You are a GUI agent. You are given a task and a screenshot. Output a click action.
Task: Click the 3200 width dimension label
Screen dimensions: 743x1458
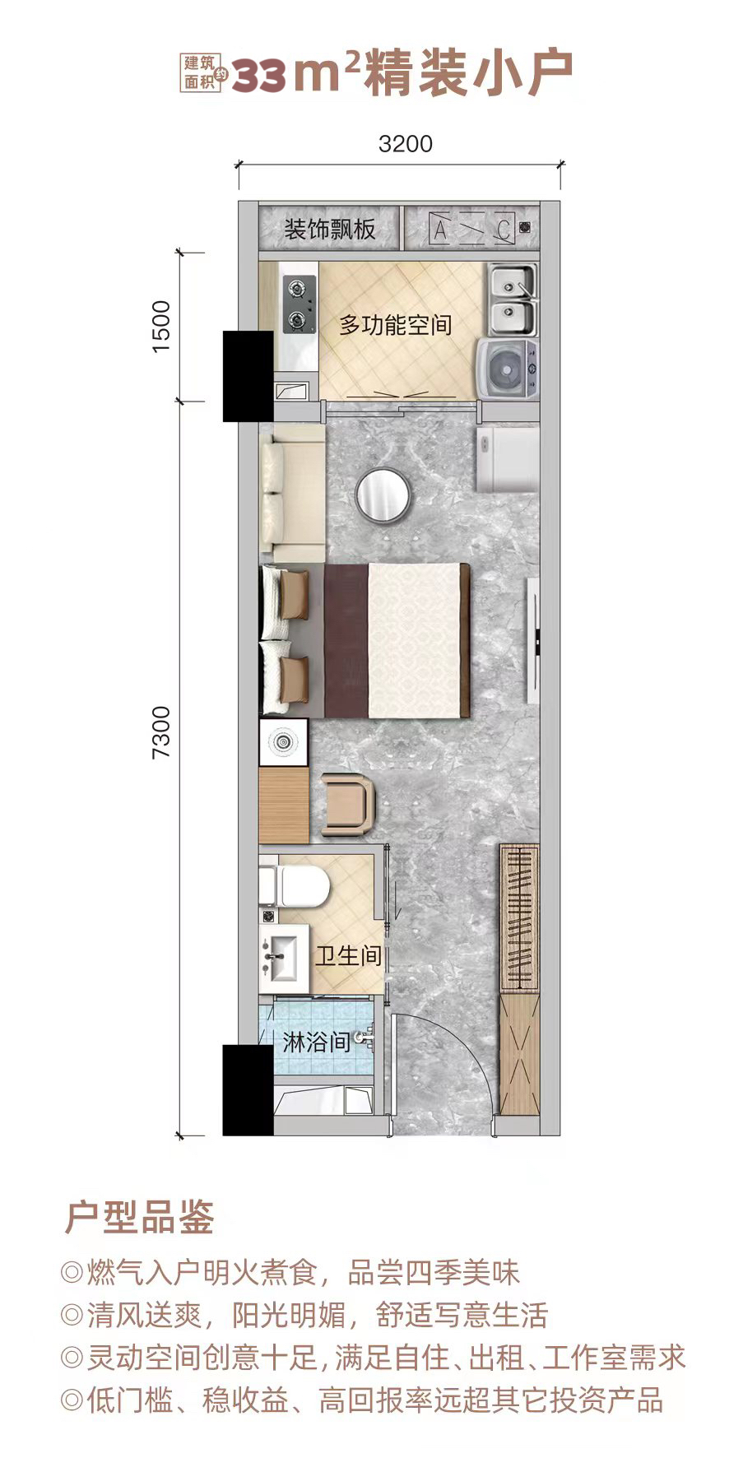coord(405,144)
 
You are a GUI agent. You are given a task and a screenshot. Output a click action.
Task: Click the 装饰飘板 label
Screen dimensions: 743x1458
coord(330,229)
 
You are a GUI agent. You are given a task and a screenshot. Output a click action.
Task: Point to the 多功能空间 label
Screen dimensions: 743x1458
coord(396,325)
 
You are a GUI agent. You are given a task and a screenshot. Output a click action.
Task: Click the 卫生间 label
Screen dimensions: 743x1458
coord(349,955)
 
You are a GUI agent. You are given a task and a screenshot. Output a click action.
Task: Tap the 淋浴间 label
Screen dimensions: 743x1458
coord(317,1043)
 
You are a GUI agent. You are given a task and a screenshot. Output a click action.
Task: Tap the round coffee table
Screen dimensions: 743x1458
coord(384,494)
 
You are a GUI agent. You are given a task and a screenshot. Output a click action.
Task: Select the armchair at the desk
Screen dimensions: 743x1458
coord(348,805)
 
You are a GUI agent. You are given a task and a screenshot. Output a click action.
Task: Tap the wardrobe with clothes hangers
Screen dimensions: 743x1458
coord(519,917)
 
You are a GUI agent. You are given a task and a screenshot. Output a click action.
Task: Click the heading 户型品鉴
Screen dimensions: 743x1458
coord(139,1217)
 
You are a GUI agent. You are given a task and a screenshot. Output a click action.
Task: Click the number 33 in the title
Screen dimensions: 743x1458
coord(259,77)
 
